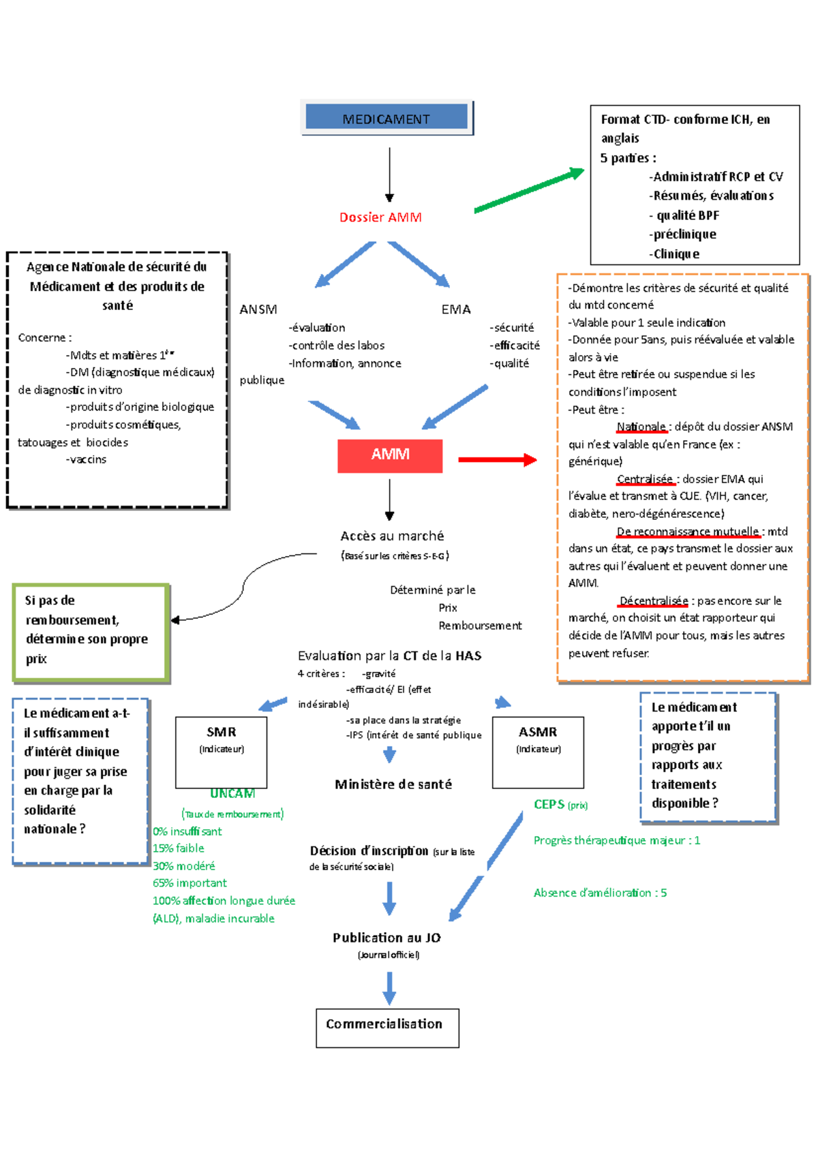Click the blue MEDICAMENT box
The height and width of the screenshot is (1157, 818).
point(387,118)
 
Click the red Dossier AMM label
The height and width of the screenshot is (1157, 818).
point(380,217)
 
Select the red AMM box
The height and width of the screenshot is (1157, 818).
point(390,455)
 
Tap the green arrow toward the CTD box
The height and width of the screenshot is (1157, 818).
point(529,191)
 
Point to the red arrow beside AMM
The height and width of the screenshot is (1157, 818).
point(497,460)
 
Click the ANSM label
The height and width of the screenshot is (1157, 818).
point(258,309)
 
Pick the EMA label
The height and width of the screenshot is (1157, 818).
point(456,309)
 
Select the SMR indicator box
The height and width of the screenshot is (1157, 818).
point(222,752)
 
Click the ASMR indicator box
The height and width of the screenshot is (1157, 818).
point(538,752)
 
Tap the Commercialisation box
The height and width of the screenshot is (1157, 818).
point(387,1027)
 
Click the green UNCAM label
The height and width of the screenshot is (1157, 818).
point(232,794)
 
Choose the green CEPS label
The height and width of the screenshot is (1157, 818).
point(549,805)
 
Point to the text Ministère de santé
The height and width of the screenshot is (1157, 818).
point(393,784)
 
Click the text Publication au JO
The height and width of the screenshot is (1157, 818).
point(387,938)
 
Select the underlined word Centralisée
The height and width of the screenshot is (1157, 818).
point(645,479)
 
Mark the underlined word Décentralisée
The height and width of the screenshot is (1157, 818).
point(654,601)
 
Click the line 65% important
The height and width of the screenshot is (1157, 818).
point(190,883)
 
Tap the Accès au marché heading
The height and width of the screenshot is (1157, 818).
point(392,536)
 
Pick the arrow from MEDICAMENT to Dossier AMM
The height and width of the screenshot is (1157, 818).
point(389,174)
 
